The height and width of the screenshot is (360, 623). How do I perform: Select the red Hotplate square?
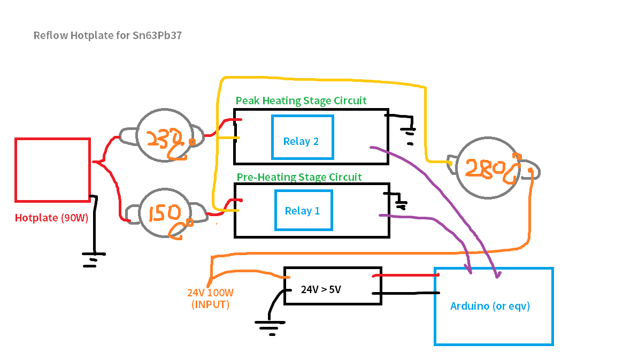point(52,170)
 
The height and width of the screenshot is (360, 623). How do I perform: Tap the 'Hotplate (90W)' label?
point(51,218)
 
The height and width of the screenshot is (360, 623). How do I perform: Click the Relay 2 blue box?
point(302,137)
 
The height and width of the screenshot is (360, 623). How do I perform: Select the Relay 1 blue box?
point(303,210)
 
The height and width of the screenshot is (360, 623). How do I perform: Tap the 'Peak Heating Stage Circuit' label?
point(301,101)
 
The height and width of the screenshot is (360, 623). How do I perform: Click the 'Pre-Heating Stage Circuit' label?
point(299,177)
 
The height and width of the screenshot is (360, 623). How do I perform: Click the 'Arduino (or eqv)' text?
point(490,307)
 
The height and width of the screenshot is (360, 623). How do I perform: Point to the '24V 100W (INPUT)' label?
point(210,299)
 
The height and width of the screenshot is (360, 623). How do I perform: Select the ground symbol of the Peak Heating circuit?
point(410,133)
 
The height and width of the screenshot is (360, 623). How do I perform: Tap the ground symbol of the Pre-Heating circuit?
point(401,204)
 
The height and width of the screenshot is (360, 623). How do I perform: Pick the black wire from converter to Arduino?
point(409,293)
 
